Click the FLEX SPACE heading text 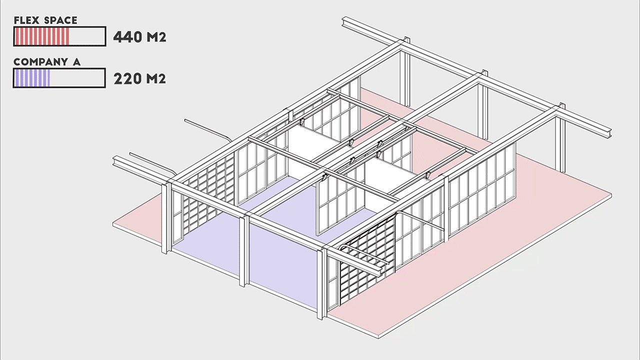[x=45, y=20]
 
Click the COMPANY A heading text [x=47, y=62]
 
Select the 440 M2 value [x=139, y=37]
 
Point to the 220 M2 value [x=139, y=79]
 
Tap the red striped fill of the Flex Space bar [x=41, y=36]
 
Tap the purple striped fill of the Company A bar [x=32, y=78]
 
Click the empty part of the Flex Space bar [x=87, y=36]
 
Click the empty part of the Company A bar [x=77, y=78]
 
